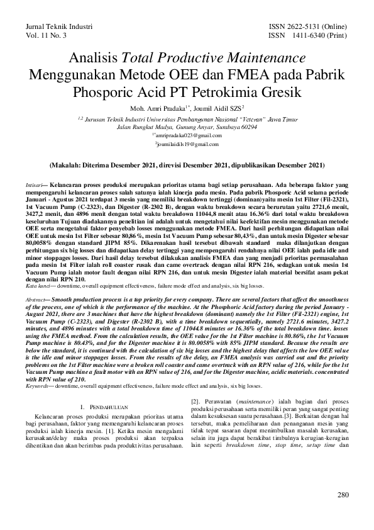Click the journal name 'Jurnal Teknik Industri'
pos(58,28)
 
